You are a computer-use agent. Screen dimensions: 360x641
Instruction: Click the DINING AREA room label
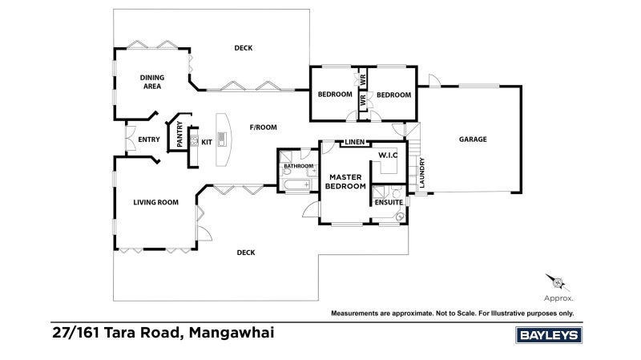[x=152, y=82]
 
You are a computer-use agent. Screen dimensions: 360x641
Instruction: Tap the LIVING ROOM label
[x=155, y=202]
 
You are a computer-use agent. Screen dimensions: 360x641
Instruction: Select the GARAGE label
[x=473, y=139]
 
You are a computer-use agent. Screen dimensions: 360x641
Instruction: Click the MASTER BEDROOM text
[x=345, y=181]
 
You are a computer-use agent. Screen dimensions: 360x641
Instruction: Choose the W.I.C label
[x=388, y=155]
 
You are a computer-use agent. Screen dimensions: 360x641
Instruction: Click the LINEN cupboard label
[x=354, y=143]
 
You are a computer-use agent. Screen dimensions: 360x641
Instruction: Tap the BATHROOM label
[x=297, y=166]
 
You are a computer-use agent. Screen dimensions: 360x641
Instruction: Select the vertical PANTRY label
[x=179, y=134]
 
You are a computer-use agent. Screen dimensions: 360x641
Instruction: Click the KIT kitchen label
[x=207, y=142]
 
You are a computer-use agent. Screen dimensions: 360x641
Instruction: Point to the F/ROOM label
[x=263, y=127]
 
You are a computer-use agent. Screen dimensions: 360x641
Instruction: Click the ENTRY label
[x=149, y=140]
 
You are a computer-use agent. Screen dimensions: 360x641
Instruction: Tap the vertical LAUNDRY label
[x=422, y=172]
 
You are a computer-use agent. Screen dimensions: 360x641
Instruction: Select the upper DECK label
[x=244, y=48]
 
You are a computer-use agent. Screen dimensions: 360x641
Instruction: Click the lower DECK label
[x=246, y=253]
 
